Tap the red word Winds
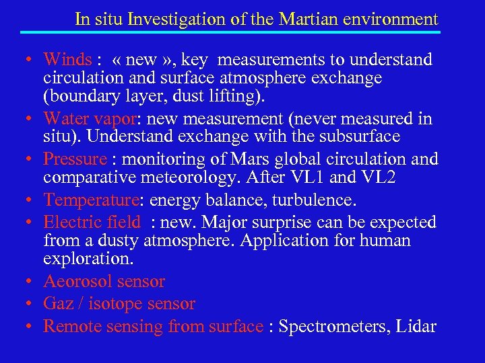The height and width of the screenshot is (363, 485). tap(67, 60)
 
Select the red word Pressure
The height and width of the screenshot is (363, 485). tap(75, 159)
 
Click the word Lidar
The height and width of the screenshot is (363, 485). tap(416, 327)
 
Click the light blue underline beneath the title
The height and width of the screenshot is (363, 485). tap(230, 32)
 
